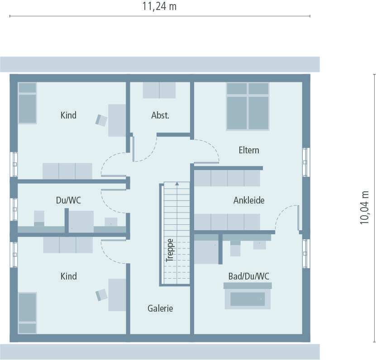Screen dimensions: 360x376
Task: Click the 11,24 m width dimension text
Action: [x=160, y=6]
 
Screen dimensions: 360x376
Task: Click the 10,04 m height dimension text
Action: [x=365, y=207]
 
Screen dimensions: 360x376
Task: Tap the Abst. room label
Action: [x=160, y=115]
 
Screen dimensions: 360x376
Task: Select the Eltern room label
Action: [x=249, y=150]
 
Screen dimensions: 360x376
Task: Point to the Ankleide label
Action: [x=249, y=200]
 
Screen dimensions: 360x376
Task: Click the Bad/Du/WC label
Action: [x=249, y=275]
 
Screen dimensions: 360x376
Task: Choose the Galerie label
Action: [x=160, y=308]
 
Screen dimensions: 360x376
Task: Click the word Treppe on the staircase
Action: [x=170, y=250]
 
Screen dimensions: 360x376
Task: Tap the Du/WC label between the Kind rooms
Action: [x=68, y=200]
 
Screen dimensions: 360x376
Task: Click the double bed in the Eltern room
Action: [x=248, y=107]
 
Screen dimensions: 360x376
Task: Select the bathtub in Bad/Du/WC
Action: [x=247, y=298]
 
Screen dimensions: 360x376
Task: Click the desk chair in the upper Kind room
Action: [x=101, y=120]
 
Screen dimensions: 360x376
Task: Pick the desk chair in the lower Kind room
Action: [x=101, y=294]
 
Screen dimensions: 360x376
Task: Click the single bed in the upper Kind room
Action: [x=27, y=103]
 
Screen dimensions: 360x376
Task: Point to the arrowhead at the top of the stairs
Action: [x=176, y=184]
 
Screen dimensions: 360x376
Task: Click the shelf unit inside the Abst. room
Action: [x=159, y=90]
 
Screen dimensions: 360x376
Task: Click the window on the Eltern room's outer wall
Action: [x=306, y=161]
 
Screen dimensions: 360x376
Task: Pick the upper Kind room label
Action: [x=68, y=115]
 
